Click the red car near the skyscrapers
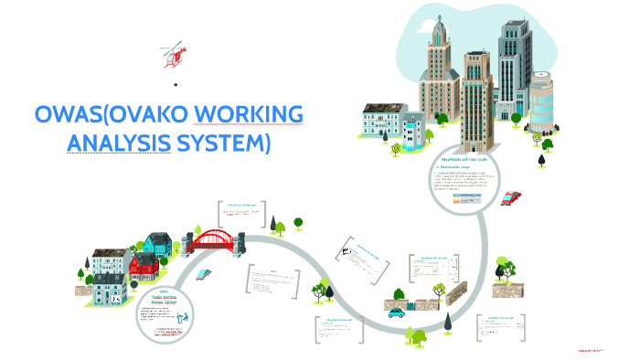coord(512,197)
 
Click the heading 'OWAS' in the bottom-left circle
coord(164,291)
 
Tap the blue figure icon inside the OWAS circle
coord(183,314)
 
